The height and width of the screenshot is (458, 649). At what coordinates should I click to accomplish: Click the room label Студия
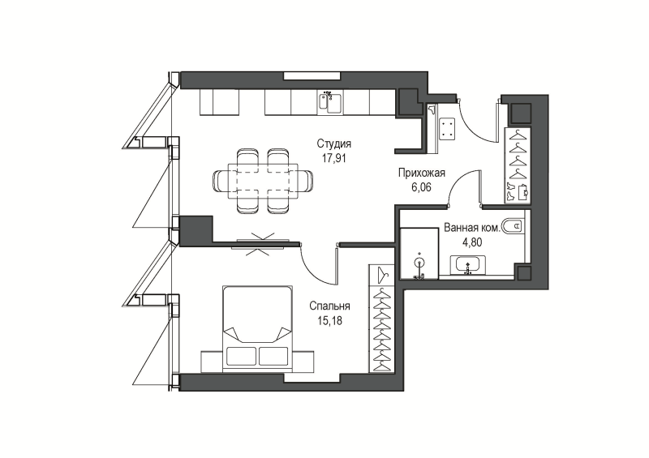pyautogui.click(x=334, y=143)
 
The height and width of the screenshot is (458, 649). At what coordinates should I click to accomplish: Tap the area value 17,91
pyautogui.click(x=334, y=158)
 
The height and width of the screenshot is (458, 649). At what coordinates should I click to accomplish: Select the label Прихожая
pyautogui.click(x=421, y=173)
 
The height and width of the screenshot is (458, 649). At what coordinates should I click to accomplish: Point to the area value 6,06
pyautogui.click(x=421, y=187)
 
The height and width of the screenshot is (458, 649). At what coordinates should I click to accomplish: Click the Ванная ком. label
pyautogui.click(x=471, y=228)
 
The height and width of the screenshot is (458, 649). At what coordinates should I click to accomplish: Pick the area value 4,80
pyautogui.click(x=472, y=242)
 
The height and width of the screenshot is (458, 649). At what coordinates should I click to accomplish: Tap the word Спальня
pyautogui.click(x=329, y=306)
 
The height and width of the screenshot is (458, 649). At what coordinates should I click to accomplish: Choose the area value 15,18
pyautogui.click(x=330, y=321)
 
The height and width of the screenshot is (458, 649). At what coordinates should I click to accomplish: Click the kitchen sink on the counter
pyautogui.click(x=330, y=103)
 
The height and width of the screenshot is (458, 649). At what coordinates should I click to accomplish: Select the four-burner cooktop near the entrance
pyautogui.click(x=447, y=128)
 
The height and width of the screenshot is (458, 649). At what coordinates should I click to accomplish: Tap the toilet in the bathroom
pyautogui.click(x=513, y=226)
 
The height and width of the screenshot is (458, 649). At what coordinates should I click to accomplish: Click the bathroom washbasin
pyautogui.click(x=468, y=265)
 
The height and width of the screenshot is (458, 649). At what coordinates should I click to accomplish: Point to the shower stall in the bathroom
pyautogui.click(x=419, y=253)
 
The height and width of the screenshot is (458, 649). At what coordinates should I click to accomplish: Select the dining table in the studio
pyautogui.click(x=262, y=182)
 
